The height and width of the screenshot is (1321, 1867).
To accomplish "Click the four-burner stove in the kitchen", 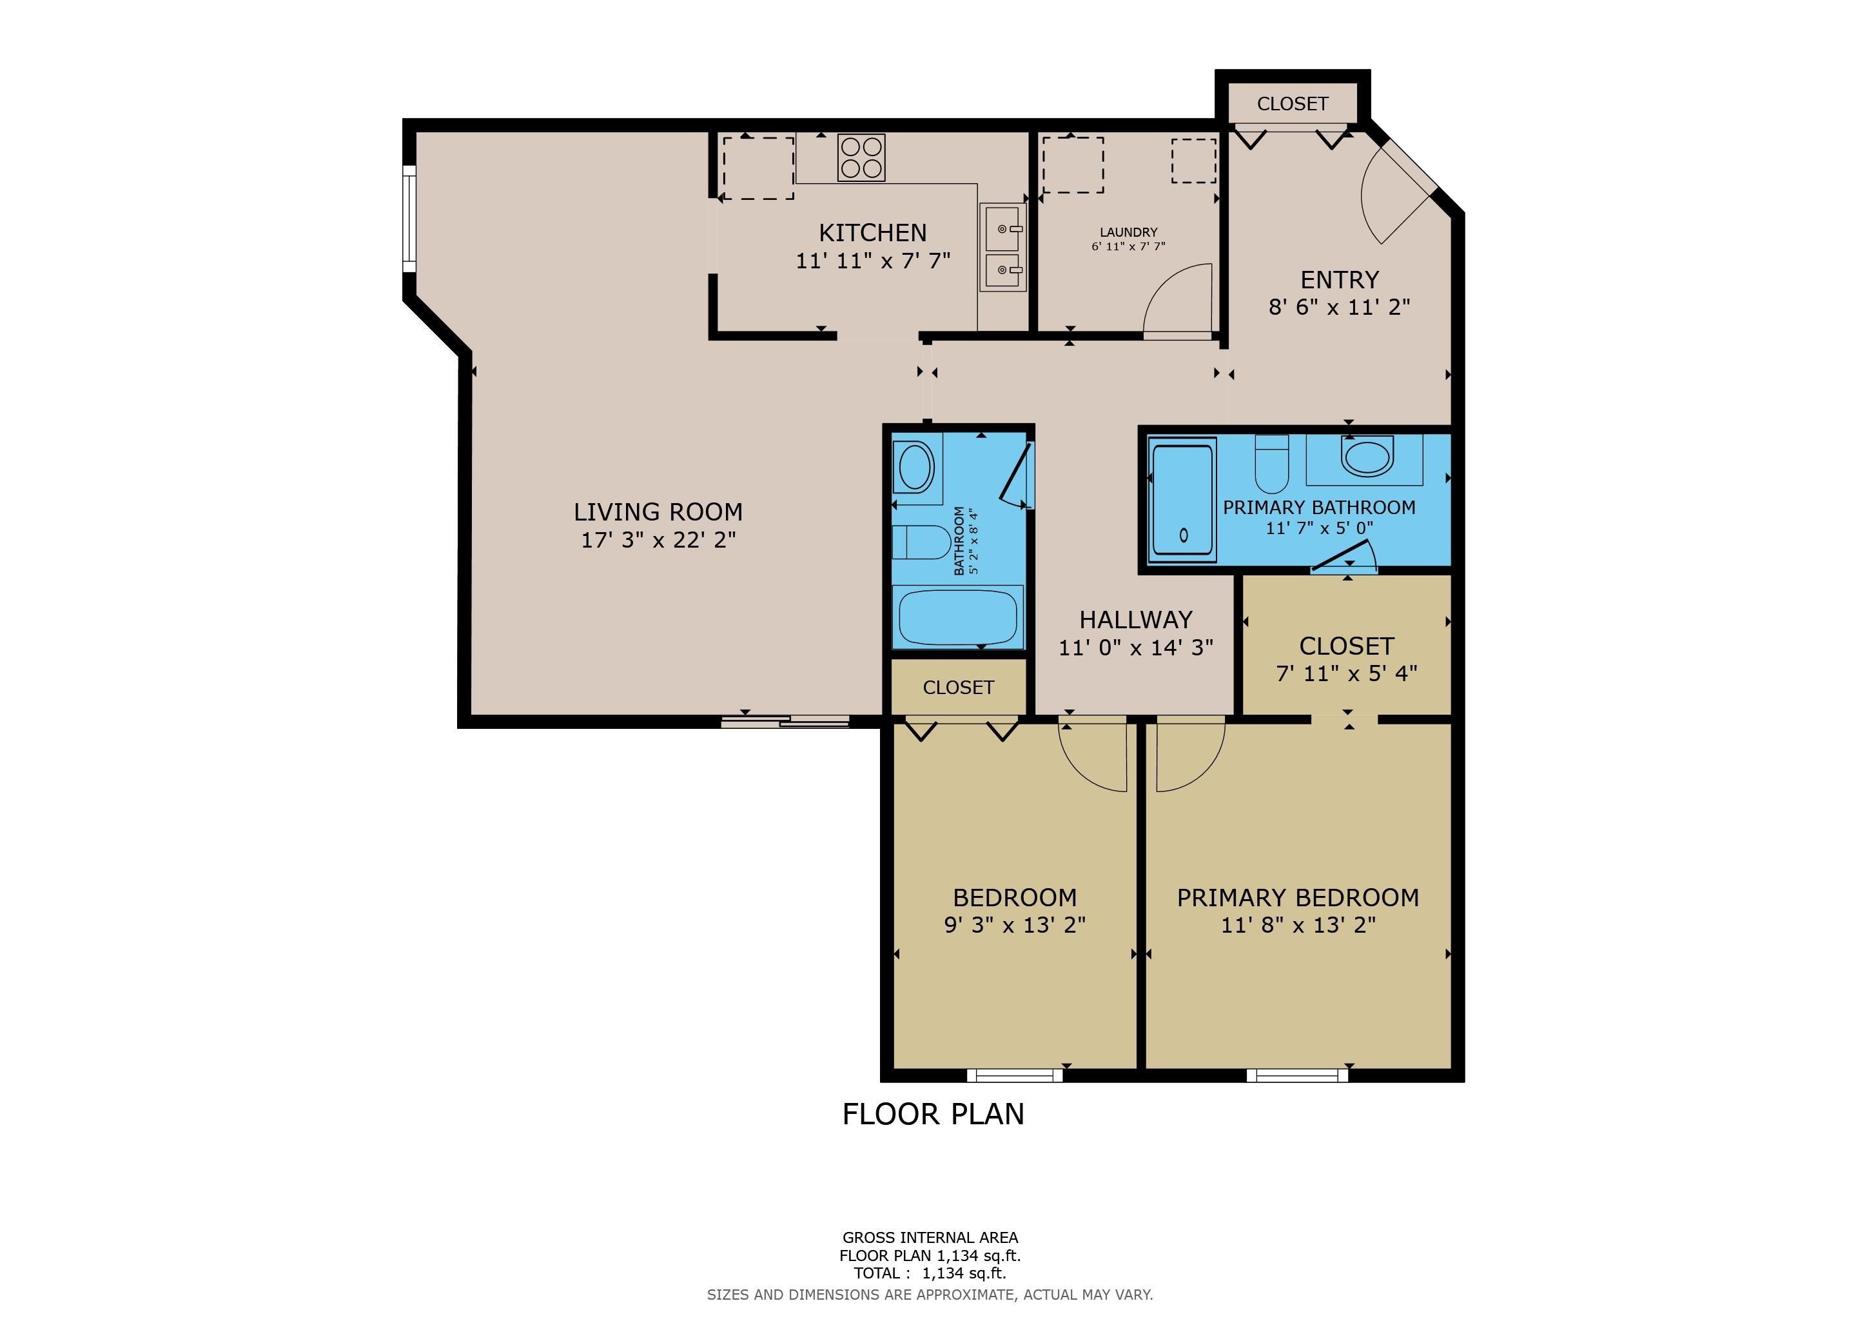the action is (x=862, y=157).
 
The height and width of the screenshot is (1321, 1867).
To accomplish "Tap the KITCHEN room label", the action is (x=872, y=233).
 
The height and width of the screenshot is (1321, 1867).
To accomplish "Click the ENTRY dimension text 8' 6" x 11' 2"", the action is (x=1339, y=306).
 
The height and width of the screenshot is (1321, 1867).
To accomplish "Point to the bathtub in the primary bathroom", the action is (x=1183, y=499).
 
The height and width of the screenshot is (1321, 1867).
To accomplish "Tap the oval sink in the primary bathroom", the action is (x=1368, y=455).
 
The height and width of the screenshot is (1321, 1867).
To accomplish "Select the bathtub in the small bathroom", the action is (x=958, y=617).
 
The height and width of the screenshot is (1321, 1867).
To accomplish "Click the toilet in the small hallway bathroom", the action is (x=921, y=542).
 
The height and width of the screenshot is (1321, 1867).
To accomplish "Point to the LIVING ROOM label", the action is (x=658, y=512).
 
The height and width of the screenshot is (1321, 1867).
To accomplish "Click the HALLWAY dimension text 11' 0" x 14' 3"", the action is (x=1135, y=648).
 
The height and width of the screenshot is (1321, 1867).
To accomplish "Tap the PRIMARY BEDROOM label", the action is (x=1298, y=898).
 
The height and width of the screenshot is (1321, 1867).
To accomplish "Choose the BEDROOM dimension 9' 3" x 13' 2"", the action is (x=1015, y=925).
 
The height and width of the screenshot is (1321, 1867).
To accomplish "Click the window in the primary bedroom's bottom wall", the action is (x=1297, y=1075).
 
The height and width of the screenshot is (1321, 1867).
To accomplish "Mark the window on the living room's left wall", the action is (x=409, y=219).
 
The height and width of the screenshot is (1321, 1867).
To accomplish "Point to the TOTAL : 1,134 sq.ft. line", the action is (x=930, y=1273).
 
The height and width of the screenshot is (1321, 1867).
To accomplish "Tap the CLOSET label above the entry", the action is (x=1292, y=104).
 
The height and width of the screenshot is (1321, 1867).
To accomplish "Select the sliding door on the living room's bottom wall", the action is (x=785, y=720).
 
